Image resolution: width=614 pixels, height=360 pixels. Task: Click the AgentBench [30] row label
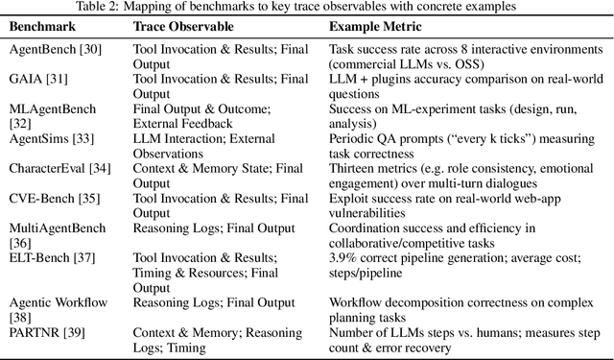pos(48,47)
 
